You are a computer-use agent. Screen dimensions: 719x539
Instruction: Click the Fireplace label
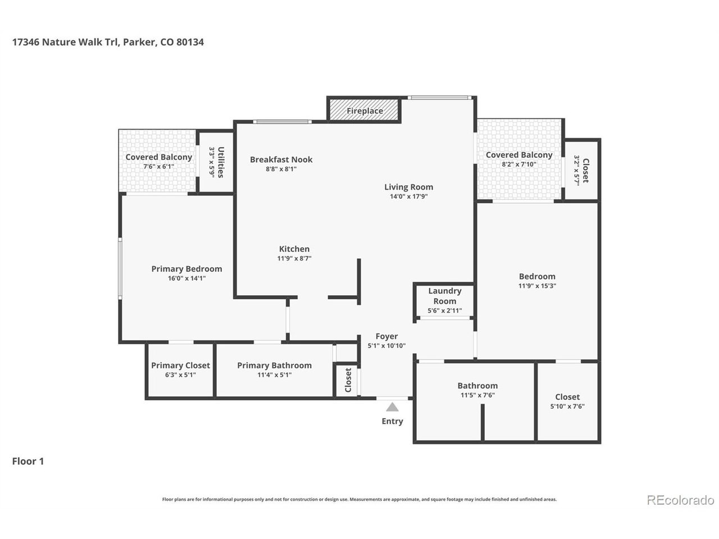365,111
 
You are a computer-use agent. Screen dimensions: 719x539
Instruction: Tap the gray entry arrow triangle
392,407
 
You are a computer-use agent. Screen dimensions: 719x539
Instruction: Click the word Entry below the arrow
392,421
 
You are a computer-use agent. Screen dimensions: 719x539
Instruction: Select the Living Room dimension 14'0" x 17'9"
408,197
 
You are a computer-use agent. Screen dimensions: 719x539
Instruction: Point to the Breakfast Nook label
281,159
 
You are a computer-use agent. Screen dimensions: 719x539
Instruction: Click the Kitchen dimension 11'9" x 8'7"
294,258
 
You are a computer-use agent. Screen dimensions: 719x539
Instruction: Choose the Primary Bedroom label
186,269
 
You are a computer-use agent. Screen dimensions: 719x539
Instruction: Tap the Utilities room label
221,162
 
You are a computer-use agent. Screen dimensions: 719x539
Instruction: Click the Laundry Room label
444,296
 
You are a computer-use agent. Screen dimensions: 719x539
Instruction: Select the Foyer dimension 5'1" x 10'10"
386,346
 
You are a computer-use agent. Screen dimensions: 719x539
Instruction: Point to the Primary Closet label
180,365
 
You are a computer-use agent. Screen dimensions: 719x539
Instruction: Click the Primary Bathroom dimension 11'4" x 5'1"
274,374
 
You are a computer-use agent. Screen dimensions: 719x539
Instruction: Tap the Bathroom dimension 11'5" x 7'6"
477,395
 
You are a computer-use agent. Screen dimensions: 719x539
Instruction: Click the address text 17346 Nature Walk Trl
65,42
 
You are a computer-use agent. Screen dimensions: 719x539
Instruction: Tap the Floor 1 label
28,461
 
